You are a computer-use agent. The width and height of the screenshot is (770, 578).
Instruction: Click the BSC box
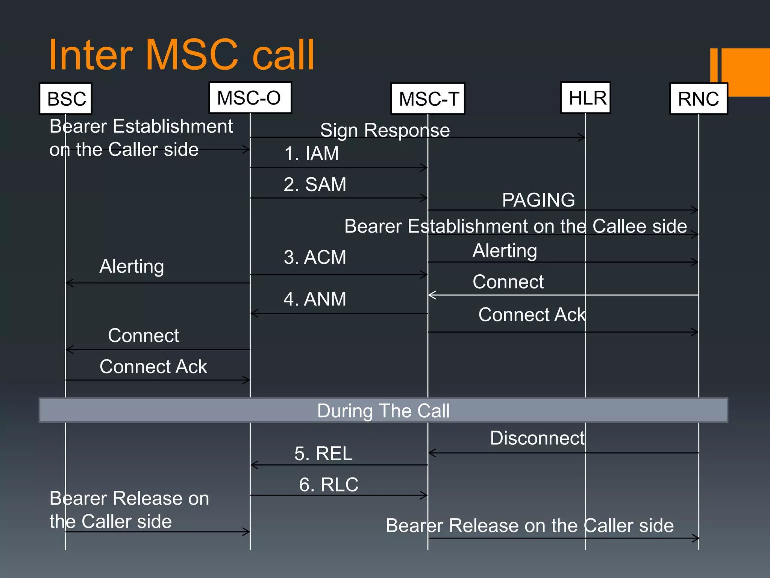66,99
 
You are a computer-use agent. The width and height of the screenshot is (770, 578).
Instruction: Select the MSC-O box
250,98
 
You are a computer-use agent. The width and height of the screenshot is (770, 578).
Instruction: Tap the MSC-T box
428,99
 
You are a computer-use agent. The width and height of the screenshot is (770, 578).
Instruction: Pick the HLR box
586,98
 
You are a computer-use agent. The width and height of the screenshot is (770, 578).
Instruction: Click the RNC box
699,99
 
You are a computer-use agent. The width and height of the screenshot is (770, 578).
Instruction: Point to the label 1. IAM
311,154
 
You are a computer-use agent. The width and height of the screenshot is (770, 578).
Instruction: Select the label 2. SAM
315,184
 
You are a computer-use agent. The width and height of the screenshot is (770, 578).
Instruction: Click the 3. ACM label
315,257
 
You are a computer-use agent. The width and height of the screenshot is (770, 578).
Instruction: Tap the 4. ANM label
315,299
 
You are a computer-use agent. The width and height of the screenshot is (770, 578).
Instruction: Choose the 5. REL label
323,453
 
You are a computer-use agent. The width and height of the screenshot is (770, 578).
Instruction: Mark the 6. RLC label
329,484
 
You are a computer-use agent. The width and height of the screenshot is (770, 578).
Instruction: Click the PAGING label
538,200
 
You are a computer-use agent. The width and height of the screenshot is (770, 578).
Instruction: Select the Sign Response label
385,131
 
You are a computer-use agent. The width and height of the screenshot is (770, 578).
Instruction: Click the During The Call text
383,411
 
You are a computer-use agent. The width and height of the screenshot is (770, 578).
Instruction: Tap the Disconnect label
537,438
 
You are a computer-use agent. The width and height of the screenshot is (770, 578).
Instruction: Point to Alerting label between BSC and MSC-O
132,266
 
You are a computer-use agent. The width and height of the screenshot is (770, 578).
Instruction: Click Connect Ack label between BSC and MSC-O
153,367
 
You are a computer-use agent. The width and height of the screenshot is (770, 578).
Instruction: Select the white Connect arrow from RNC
564,295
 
